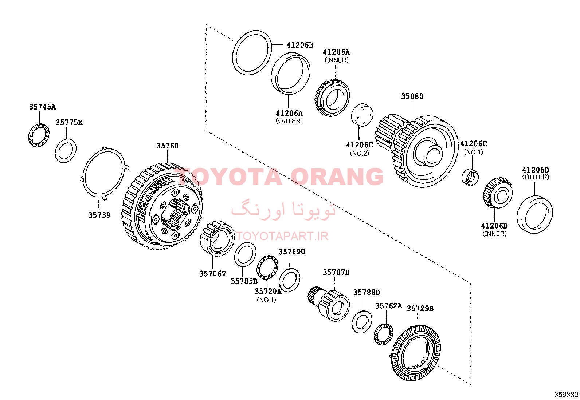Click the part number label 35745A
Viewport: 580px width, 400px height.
[x=43, y=107]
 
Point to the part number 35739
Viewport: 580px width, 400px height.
[x=99, y=215]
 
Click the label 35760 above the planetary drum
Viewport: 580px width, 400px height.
[x=167, y=146]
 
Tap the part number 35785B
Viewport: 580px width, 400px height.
[x=244, y=281]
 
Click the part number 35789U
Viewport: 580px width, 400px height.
[x=292, y=252]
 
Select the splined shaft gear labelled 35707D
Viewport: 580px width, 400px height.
[x=329, y=304]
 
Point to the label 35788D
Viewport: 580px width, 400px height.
[x=367, y=292]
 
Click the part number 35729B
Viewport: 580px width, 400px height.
[x=420, y=308]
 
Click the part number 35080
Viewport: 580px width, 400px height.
[x=412, y=96]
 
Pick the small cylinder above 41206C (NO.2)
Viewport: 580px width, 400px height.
[x=362, y=115]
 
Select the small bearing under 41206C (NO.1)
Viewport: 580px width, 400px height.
[x=470, y=177]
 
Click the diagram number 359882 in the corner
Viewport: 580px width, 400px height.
[x=566, y=395]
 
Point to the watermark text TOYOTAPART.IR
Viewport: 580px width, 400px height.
[x=282, y=236]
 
